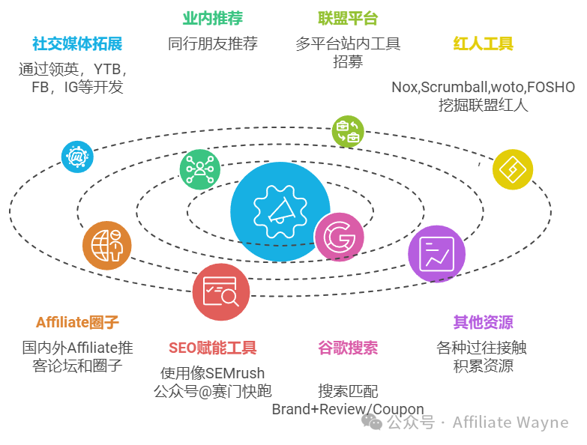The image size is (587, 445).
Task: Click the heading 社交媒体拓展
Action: (77, 43)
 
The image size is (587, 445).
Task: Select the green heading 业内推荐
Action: (213, 18)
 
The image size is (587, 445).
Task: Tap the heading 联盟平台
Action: (348, 18)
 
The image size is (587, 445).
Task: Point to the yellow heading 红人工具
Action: (483, 43)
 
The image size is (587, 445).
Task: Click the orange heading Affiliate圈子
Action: (77, 322)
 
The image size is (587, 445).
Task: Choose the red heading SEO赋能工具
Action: (213, 348)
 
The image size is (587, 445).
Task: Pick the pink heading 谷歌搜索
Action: (348, 348)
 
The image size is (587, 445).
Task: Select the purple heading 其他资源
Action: (483, 322)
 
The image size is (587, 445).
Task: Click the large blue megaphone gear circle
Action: (280, 212)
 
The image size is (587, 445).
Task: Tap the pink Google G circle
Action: (339, 237)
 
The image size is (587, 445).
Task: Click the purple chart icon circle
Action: (436, 254)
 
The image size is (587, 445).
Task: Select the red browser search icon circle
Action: (221, 292)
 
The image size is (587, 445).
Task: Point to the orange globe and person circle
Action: (107, 245)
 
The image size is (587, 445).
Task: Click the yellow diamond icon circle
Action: (513, 169)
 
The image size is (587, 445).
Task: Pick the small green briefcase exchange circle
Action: (348, 131)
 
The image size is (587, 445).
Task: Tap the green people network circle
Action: (200, 169)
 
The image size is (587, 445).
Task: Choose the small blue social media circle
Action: (77, 157)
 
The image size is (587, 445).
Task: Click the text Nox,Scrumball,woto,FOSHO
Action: (483, 87)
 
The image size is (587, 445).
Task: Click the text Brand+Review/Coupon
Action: (348, 409)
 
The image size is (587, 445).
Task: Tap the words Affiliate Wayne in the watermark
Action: (511, 423)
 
